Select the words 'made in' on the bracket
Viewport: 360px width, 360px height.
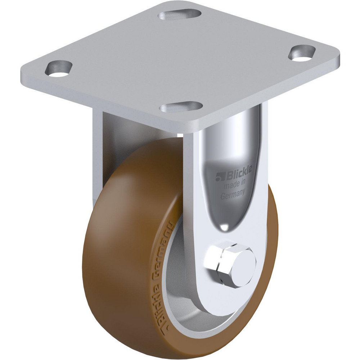(x=234, y=185)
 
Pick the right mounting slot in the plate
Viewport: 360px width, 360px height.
(x=302, y=53)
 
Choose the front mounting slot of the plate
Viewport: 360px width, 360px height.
(x=182, y=107)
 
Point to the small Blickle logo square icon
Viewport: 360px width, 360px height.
(x=219, y=177)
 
